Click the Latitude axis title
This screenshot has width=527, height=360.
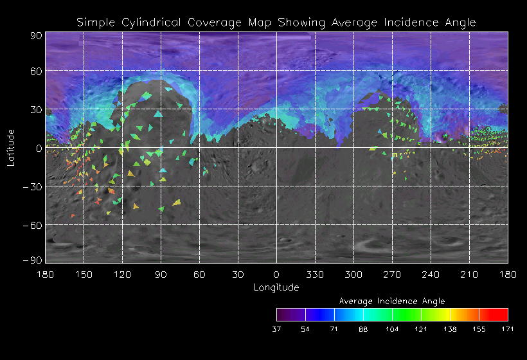(11, 147)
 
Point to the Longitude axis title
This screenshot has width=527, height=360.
(276, 287)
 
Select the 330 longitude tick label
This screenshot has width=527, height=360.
(315, 274)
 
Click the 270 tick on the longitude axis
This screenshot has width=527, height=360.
(392, 274)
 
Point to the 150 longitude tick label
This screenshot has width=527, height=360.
(84, 274)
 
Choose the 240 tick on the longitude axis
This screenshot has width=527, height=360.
(431, 274)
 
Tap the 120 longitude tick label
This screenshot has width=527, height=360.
(122, 274)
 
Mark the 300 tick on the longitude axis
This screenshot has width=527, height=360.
(353, 274)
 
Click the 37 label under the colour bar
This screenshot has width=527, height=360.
(276, 329)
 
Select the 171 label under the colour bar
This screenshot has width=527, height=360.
(508, 329)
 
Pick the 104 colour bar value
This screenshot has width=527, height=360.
(392, 329)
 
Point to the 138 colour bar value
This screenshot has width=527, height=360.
(450, 329)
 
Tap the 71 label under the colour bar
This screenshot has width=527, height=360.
(334, 329)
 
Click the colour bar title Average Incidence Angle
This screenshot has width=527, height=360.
(392, 301)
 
